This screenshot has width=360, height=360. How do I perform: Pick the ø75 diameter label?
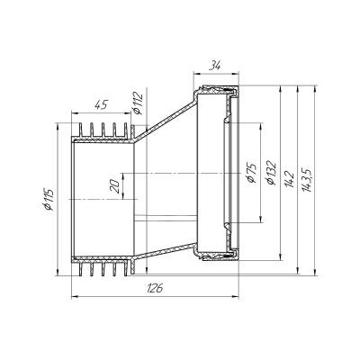click(x=253, y=173)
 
